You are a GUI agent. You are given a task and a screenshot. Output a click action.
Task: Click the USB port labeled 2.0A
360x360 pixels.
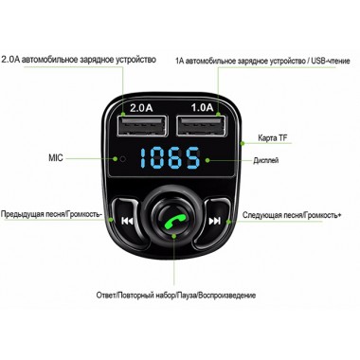point(142,126)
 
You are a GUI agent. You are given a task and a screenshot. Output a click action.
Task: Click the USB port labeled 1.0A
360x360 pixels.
point(202,125)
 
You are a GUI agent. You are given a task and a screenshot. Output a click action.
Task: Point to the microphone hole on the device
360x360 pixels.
point(123,158)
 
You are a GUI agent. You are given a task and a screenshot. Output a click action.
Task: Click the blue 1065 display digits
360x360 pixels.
point(171,157)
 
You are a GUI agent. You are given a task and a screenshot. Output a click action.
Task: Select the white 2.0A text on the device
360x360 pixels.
point(141,108)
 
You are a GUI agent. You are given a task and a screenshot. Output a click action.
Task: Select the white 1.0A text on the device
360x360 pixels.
point(203,107)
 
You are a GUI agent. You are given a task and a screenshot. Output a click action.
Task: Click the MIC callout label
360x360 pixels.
point(56,157)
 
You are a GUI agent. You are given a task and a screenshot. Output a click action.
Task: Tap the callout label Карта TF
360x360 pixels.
point(273,138)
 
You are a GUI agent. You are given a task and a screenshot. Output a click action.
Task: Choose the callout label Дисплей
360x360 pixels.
point(266,160)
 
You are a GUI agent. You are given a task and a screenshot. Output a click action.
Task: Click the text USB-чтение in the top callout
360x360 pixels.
point(331,61)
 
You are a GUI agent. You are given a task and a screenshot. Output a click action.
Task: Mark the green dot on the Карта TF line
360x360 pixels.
point(243,143)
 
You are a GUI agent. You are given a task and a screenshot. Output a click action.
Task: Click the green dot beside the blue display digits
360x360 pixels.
point(207,160)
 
